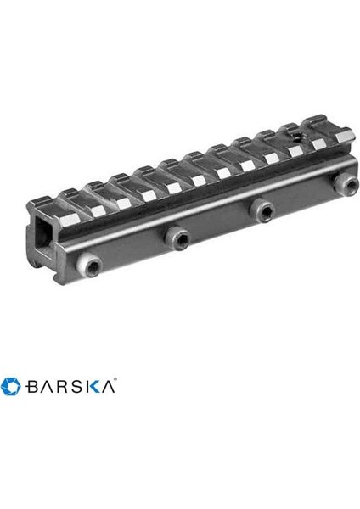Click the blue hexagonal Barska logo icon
coord(11,386)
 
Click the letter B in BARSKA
coord(32,387)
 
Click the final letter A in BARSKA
coord(108,387)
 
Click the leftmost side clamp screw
coord(89,266)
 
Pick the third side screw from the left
coord(262,210)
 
